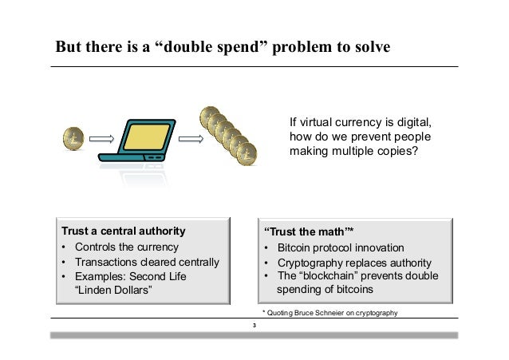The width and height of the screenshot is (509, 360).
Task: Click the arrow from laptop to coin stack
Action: [x=189, y=140]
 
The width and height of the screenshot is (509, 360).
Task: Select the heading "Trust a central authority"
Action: [x=123, y=231]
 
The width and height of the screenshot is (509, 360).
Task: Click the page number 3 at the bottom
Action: [x=254, y=326]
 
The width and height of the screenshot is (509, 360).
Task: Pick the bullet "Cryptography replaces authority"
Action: [x=354, y=263]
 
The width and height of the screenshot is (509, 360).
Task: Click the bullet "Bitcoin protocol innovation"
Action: [x=341, y=247]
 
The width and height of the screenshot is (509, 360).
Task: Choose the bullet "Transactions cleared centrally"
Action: [x=146, y=262]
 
